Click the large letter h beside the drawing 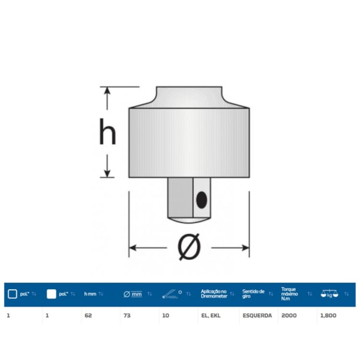pos(107,133)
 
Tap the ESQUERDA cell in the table pos(256,315)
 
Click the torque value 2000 pos(289,315)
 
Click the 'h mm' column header pos(90,294)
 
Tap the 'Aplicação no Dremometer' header pos(213,294)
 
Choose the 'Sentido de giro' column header pos(254,294)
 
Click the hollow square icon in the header pos(12,294)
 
